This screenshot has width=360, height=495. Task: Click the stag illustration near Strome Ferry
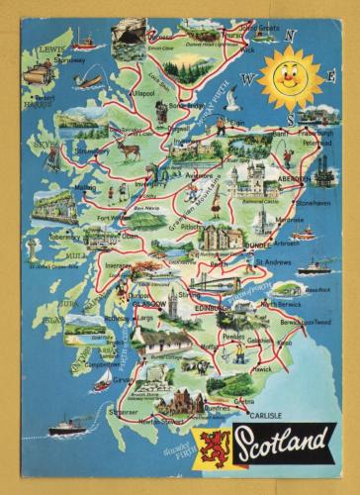[128, 149]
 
